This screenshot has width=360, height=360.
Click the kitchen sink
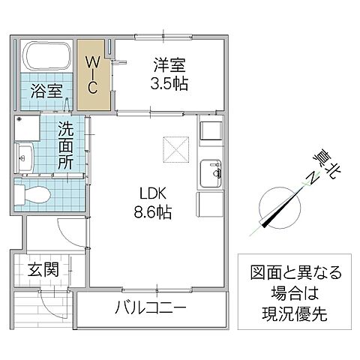pos(210,171)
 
